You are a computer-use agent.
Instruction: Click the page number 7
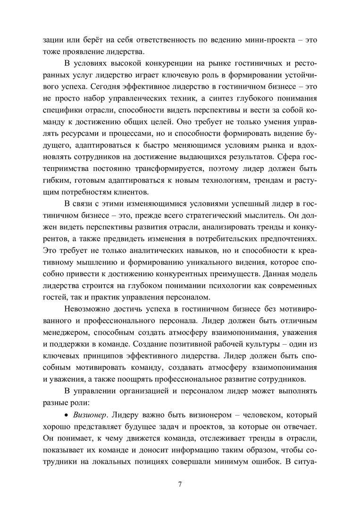(x=180, y=484)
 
